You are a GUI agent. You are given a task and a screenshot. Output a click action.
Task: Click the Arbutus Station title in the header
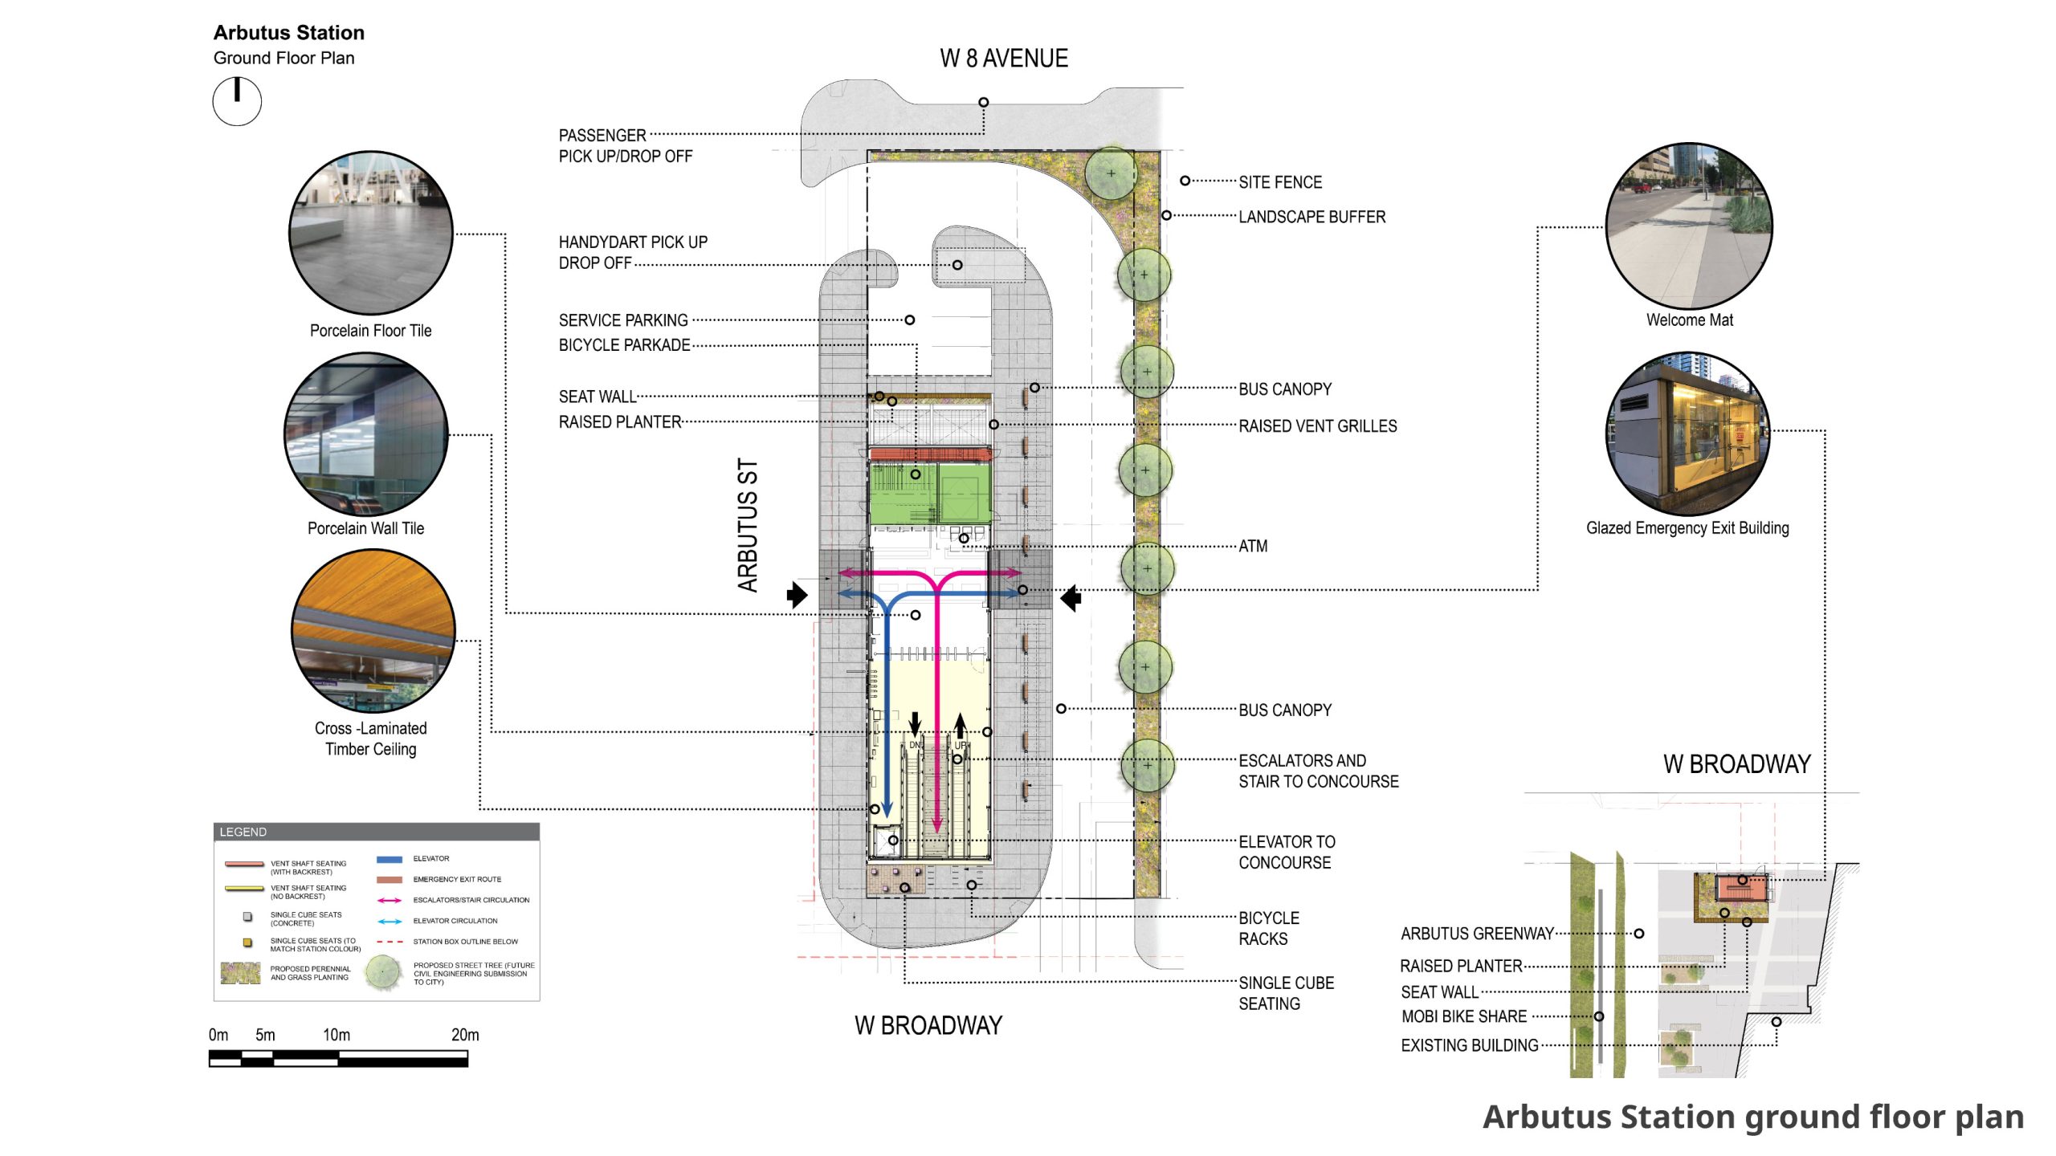[x=288, y=33]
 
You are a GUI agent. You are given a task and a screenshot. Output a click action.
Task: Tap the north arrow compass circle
[x=237, y=102]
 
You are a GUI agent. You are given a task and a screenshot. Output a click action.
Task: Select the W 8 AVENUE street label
[x=1003, y=59]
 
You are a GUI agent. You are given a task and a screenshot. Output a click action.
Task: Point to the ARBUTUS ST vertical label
[x=748, y=526]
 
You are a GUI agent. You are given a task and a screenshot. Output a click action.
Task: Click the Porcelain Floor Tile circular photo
[x=371, y=233]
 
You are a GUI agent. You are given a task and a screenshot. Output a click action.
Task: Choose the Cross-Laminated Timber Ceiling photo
[x=373, y=631]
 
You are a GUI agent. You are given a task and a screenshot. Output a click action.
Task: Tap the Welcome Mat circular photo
[x=1688, y=226]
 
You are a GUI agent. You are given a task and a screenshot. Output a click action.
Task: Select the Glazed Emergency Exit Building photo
[x=1687, y=433]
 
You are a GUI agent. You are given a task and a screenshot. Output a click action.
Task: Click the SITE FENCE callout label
[x=1279, y=182]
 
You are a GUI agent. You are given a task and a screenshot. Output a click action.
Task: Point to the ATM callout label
[x=1253, y=547]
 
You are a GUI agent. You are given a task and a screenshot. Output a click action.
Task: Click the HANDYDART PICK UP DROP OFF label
[x=633, y=252]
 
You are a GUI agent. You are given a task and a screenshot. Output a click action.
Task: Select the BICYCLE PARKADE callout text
[x=624, y=345]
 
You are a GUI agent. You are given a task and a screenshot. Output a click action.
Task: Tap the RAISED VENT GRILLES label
[x=1317, y=426]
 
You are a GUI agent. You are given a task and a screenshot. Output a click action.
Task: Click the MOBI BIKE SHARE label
[x=1463, y=1016]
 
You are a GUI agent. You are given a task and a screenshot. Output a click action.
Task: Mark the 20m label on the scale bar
[x=465, y=1035]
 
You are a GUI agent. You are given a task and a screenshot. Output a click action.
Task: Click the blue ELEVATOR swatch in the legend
[x=390, y=859]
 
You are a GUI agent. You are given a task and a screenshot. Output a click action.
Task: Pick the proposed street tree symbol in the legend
[x=383, y=972]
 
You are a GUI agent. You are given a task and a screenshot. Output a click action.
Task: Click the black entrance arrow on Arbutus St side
[x=797, y=595]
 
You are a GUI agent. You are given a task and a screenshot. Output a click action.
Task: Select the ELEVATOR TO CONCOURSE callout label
[x=1286, y=852]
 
